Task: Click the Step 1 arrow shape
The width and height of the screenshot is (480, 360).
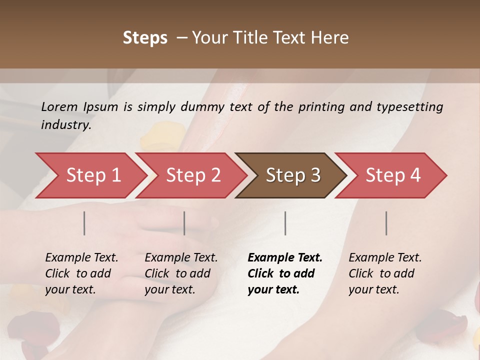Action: point(93,175)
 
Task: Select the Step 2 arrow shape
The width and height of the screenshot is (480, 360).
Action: point(193,175)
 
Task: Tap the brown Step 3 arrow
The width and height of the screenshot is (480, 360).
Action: point(293,175)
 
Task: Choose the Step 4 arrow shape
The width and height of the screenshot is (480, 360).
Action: point(393,175)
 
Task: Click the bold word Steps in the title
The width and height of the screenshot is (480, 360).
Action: point(145,38)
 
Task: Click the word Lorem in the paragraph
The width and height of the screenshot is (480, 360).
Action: point(59,106)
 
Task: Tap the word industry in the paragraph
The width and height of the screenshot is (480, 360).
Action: point(65,125)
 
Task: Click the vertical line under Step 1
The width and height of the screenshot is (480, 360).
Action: point(84,223)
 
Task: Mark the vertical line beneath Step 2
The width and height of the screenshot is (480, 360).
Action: point(184,223)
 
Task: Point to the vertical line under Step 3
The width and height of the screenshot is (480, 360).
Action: point(285,223)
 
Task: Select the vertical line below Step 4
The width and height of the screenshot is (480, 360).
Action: point(386,223)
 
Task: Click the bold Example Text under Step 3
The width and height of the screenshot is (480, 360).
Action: point(285,258)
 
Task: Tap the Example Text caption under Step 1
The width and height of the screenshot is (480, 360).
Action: point(81,258)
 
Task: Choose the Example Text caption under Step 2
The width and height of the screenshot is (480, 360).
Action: point(181,258)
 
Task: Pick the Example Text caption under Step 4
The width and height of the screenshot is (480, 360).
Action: point(385,258)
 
